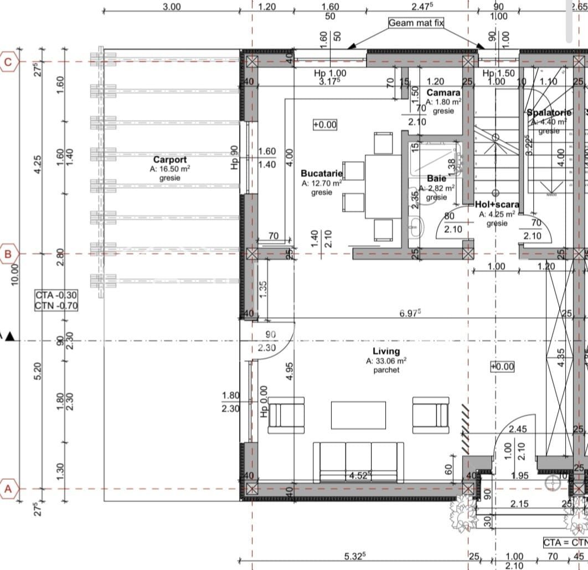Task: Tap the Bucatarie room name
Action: coord(322,173)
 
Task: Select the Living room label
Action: coord(386,351)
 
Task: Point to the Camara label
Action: coord(443,93)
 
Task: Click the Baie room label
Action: coord(436,179)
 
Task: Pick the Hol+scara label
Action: coord(497,204)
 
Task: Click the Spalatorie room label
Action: coord(549,112)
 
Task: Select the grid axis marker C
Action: coord(8,62)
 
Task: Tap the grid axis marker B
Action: coord(8,255)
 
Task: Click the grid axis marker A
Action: coord(8,489)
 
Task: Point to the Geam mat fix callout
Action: coord(416,23)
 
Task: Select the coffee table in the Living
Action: coord(358,414)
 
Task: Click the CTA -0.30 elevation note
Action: coord(56,294)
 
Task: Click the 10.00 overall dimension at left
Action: coord(15,273)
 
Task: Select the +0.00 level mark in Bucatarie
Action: coord(324,125)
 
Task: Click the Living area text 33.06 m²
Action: coord(386,361)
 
